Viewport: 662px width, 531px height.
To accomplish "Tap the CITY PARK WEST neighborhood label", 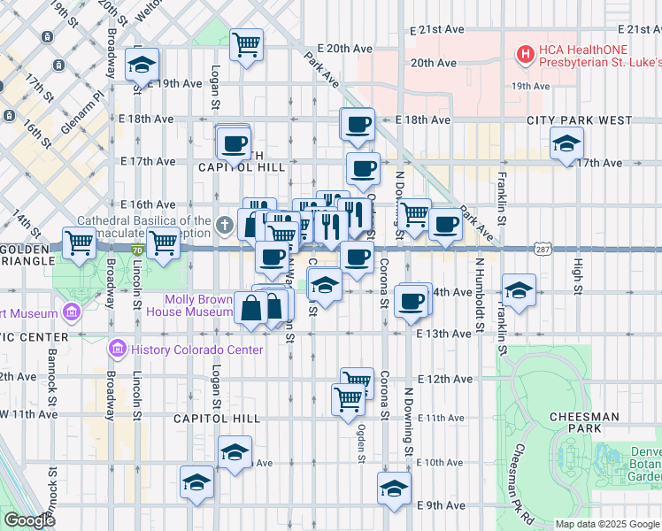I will [579, 120].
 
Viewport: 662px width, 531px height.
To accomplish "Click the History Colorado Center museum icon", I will [115, 350].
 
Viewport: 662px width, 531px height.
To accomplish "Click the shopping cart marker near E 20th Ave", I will [247, 42].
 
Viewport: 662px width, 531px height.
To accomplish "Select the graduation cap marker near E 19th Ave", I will [142, 65].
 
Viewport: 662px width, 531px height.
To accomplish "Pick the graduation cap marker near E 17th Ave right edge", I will [566, 142].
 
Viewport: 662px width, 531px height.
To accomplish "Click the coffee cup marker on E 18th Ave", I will [358, 124].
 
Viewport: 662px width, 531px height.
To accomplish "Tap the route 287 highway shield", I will [543, 250].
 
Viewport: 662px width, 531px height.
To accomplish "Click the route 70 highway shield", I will [137, 251].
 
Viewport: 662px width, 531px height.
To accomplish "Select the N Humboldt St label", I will [480, 293].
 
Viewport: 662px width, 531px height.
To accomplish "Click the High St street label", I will [577, 274].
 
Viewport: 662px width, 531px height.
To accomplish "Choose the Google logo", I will [29, 520].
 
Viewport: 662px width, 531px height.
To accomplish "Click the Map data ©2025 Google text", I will [606, 524].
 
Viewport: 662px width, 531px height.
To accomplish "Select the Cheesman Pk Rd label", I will [522, 482].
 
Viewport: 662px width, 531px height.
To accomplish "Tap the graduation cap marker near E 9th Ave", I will [395, 487].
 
